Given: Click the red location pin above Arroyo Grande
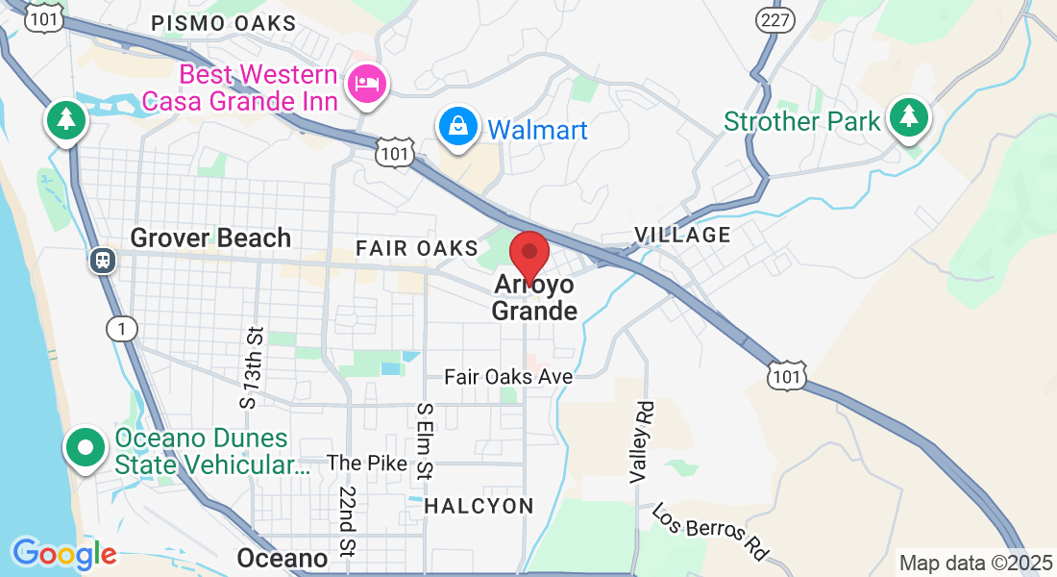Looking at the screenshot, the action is click(528, 254).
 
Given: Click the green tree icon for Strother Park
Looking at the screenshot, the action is click(907, 118).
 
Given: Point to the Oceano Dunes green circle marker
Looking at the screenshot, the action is click(86, 448).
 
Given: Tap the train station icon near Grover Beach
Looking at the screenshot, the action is click(101, 260).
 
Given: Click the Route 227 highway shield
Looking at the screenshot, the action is click(774, 18).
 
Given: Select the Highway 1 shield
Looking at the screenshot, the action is click(121, 329).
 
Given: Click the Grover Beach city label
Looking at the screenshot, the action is click(210, 238).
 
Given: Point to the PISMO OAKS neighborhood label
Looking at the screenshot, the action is click(224, 23).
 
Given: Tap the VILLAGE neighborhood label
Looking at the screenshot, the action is click(682, 235).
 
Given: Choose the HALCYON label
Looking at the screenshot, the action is click(479, 506).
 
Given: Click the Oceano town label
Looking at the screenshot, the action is click(282, 558).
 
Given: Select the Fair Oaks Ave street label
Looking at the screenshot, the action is click(508, 377).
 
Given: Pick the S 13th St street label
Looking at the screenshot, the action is click(253, 366).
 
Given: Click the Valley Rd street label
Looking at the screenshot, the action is click(641, 441).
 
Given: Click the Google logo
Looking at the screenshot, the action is click(64, 554).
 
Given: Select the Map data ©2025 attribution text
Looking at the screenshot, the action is click(974, 563).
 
